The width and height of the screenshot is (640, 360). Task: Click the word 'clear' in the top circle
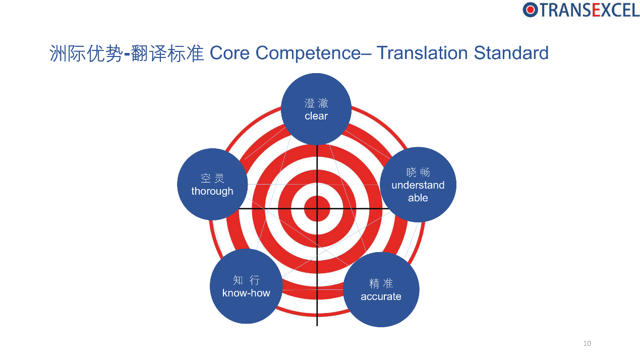[x=316, y=116]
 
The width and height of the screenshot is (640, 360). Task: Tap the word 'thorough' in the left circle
[x=212, y=191]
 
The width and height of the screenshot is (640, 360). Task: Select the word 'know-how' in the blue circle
[x=246, y=293]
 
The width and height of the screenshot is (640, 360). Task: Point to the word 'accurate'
[x=381, y=296]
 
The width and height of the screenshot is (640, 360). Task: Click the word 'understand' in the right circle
[x=418, y=185]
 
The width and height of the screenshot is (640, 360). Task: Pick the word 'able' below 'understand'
[x=418, y=198]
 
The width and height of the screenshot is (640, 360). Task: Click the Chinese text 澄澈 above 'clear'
[x=316, y=103]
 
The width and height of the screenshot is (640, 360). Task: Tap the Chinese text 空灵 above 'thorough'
[x=212, y=178]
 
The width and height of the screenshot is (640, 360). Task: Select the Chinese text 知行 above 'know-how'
[x=246, y=280]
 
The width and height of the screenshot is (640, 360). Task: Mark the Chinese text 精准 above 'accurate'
[x=381, y=283]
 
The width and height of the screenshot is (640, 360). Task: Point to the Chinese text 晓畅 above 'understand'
[x=418, y=172]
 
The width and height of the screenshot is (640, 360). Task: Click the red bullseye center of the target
[x=317, y=209]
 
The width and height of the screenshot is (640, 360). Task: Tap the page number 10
[x=587, y=343]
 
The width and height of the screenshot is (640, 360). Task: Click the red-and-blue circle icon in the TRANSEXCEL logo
[x=530, y=10]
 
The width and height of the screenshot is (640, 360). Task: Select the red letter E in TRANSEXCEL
[x=596, y=10]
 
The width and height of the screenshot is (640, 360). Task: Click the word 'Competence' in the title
[x=308, y=53]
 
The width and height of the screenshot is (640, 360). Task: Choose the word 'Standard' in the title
[x=511, y=53]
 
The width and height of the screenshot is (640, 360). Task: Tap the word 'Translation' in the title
[x=423, y=53]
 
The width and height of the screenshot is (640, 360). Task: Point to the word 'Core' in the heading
[x=229, y=53]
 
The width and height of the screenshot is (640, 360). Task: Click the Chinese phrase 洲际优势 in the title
[x=86, y=53]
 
